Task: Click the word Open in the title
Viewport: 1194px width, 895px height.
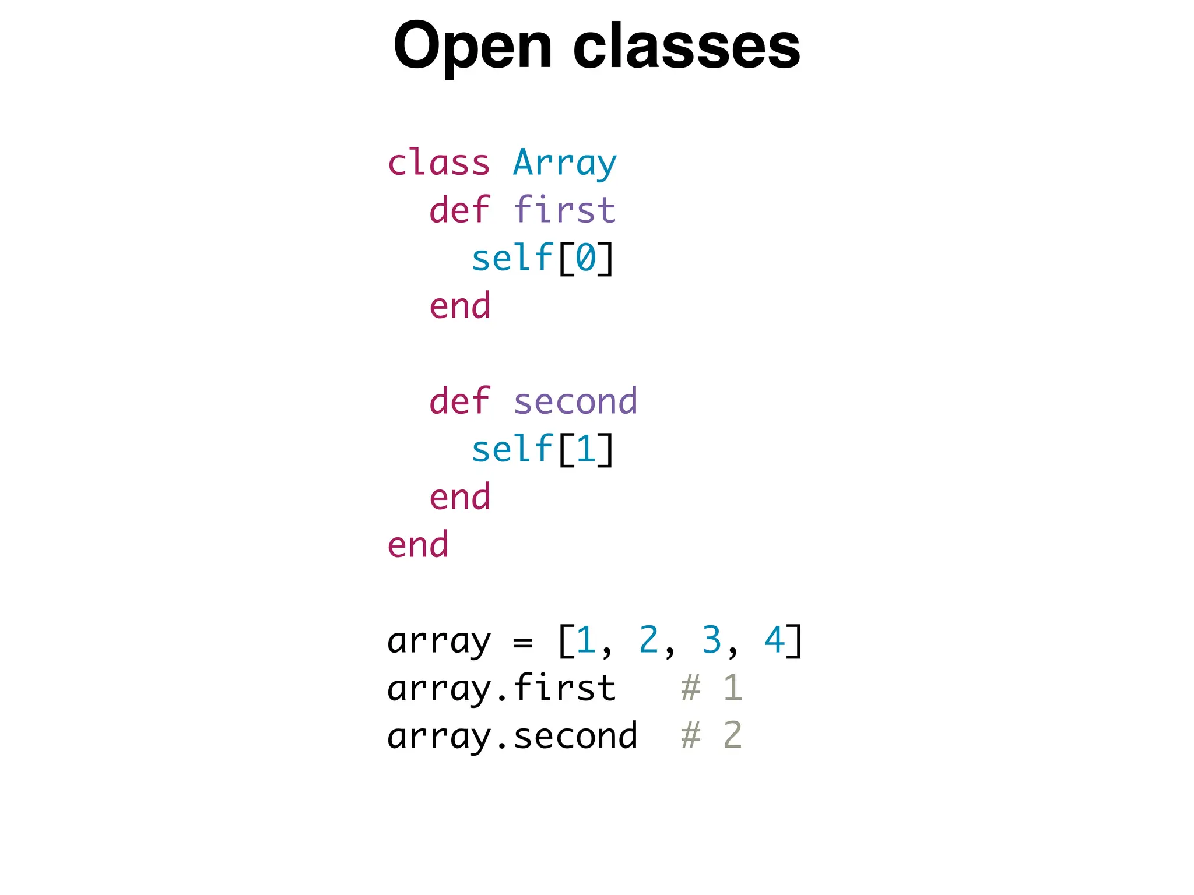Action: [472, 47]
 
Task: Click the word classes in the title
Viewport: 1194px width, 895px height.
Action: [686, 47]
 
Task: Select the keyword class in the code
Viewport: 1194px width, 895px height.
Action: [438, 163]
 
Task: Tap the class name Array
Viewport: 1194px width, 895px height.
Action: [564, 163]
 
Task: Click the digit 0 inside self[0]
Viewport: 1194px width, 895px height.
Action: [585, 258]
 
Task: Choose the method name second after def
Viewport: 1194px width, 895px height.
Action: [575, 401]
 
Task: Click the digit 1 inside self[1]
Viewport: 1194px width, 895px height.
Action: [585, 449]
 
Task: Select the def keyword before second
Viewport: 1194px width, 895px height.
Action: [459, 401]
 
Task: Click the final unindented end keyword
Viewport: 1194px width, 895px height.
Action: [418, 545]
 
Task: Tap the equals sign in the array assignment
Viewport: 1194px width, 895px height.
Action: [523, 642]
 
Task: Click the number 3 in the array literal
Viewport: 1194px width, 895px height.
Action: [711, 640]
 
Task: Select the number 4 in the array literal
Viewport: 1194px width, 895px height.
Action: [774, 640]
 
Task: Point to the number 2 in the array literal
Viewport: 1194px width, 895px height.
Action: [648, 640]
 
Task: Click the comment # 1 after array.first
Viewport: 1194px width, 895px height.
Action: [711, 688]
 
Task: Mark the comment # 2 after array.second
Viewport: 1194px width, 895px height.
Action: [711, 735]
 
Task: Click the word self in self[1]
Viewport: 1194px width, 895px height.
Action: [512, 449]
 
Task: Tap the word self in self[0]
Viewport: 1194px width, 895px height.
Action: [512, 258]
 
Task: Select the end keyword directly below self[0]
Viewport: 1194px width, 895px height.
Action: [459, 306]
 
